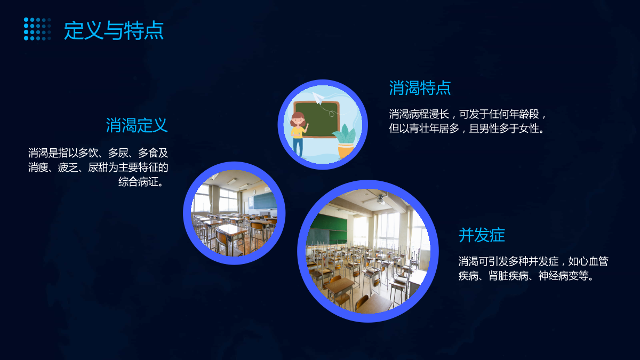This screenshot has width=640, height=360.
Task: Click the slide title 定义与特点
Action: point(114,30)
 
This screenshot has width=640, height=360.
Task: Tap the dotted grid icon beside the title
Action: point(37,29)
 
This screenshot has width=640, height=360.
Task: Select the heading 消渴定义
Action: point(137,125)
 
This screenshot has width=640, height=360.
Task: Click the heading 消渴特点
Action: point(420,87)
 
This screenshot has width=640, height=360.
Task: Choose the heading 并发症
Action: point(482,235)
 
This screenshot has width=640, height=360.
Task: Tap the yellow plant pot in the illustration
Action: point(346,150)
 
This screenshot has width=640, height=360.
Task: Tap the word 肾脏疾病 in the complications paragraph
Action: point(508,276)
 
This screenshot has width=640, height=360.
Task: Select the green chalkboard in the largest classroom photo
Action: point(329,228)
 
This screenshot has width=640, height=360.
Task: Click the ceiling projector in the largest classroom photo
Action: point(380,199)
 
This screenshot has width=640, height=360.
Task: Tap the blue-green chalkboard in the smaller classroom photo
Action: point(265,201)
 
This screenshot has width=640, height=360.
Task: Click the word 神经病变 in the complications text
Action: point(558,276)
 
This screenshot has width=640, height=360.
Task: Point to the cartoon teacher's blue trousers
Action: point(298,147)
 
